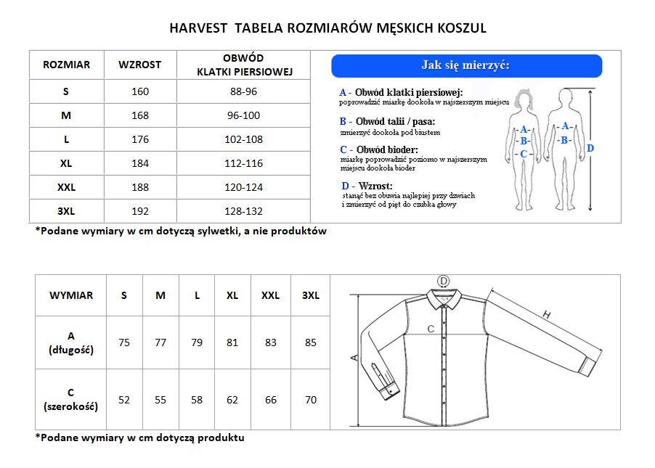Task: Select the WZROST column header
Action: click(140, 65)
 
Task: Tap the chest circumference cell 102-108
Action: click(244, 139)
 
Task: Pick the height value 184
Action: click(140, 163)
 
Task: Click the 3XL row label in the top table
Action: click(66, 211)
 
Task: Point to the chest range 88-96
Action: click(244, 91)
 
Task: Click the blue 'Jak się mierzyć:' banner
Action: click(466, 65)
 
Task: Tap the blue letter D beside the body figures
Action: click(590, 148)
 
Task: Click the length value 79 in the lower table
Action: click(197, 342)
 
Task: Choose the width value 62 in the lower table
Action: click(232, 399)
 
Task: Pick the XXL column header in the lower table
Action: click(270, 295)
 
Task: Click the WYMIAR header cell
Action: click(71, 295)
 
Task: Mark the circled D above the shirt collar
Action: click(444, 281)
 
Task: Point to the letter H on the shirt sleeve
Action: click(546, 313)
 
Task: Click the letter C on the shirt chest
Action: click(431, 329)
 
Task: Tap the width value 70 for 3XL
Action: click(311, 399)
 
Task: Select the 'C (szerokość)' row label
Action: click(71, 400)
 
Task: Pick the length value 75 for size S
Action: click(124, 342)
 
